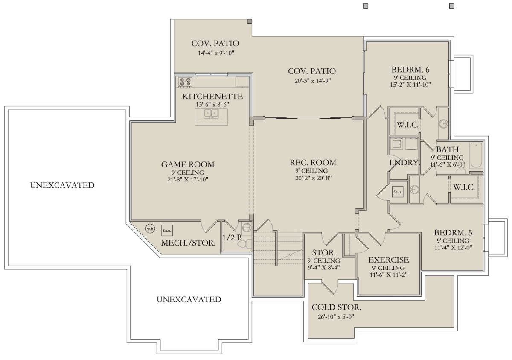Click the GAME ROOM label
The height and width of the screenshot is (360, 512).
[188, 164]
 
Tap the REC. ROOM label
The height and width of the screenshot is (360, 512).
[313, 163]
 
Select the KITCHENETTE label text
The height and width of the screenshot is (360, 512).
[212, 96]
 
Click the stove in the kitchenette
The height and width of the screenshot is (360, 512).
[185, 82]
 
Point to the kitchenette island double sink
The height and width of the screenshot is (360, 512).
[211, 114]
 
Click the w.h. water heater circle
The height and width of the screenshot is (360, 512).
[150, 228]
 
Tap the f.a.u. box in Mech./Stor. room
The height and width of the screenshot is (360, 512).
[167, 230]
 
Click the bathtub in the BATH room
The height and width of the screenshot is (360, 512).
[476, 155]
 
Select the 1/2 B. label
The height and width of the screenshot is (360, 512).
[233, 237]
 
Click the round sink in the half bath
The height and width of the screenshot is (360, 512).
[247, 228]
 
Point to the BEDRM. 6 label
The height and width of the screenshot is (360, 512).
[410, 70]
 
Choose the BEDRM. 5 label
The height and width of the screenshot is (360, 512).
[453, 233]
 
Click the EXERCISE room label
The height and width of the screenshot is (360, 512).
[389, 260]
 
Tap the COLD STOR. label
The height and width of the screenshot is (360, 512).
[336, 307]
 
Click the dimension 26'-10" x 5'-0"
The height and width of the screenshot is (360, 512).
[336, 317]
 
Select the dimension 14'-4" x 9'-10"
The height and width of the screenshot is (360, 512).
[216, 53]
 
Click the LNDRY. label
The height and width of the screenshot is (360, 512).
[404, 163]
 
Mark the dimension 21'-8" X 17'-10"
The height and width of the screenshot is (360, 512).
[188, 179]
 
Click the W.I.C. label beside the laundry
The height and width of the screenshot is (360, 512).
[407, 125]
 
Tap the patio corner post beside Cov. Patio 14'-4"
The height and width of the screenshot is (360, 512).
[250, 21]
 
